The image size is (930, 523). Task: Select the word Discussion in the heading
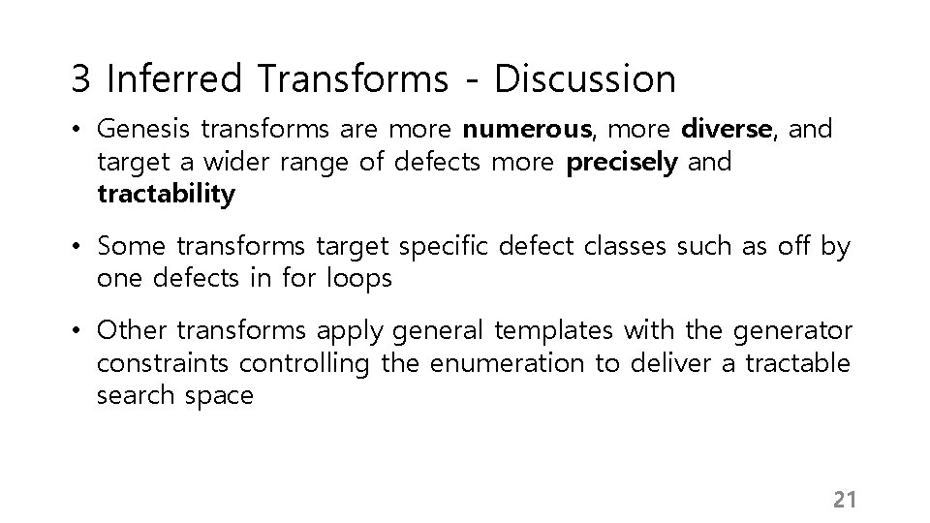(584, 79)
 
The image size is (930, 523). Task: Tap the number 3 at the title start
(81, 79)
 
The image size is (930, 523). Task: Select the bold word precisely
(621, 162)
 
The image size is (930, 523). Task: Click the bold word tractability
(166, 194)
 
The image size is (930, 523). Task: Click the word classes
(626, 247)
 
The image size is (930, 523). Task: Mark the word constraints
(164, 363)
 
